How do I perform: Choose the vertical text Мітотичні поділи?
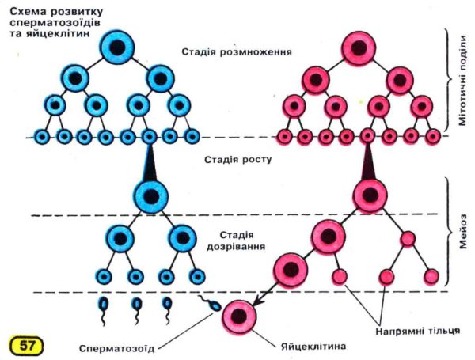pos(461,71)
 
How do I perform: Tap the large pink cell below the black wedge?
pos(367,195)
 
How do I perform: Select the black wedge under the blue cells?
pos(150,161)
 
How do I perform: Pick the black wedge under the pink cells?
pos(367,161)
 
